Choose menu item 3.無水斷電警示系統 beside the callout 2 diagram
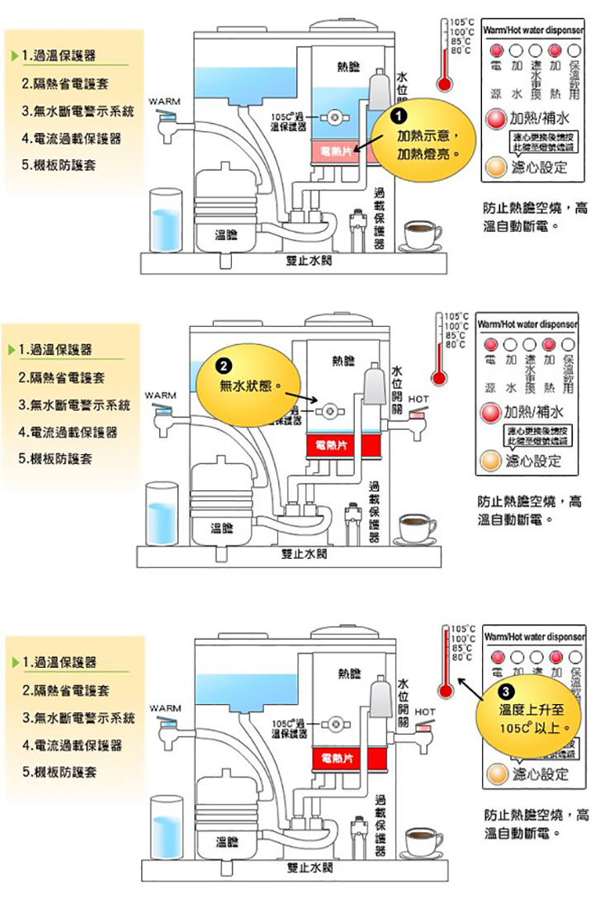75,405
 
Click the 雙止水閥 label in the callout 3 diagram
310,868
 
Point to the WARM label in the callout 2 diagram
162,396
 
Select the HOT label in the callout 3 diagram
427,710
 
